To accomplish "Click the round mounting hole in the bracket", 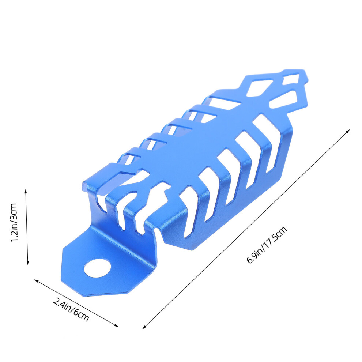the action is [97, 268].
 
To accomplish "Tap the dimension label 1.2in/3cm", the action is [14, 223].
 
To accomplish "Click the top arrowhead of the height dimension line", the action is [26, 191].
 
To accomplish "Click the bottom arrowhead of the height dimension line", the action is [28, 263].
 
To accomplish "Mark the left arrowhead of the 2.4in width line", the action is [37, 280].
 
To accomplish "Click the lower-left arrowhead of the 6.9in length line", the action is [144, 327].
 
